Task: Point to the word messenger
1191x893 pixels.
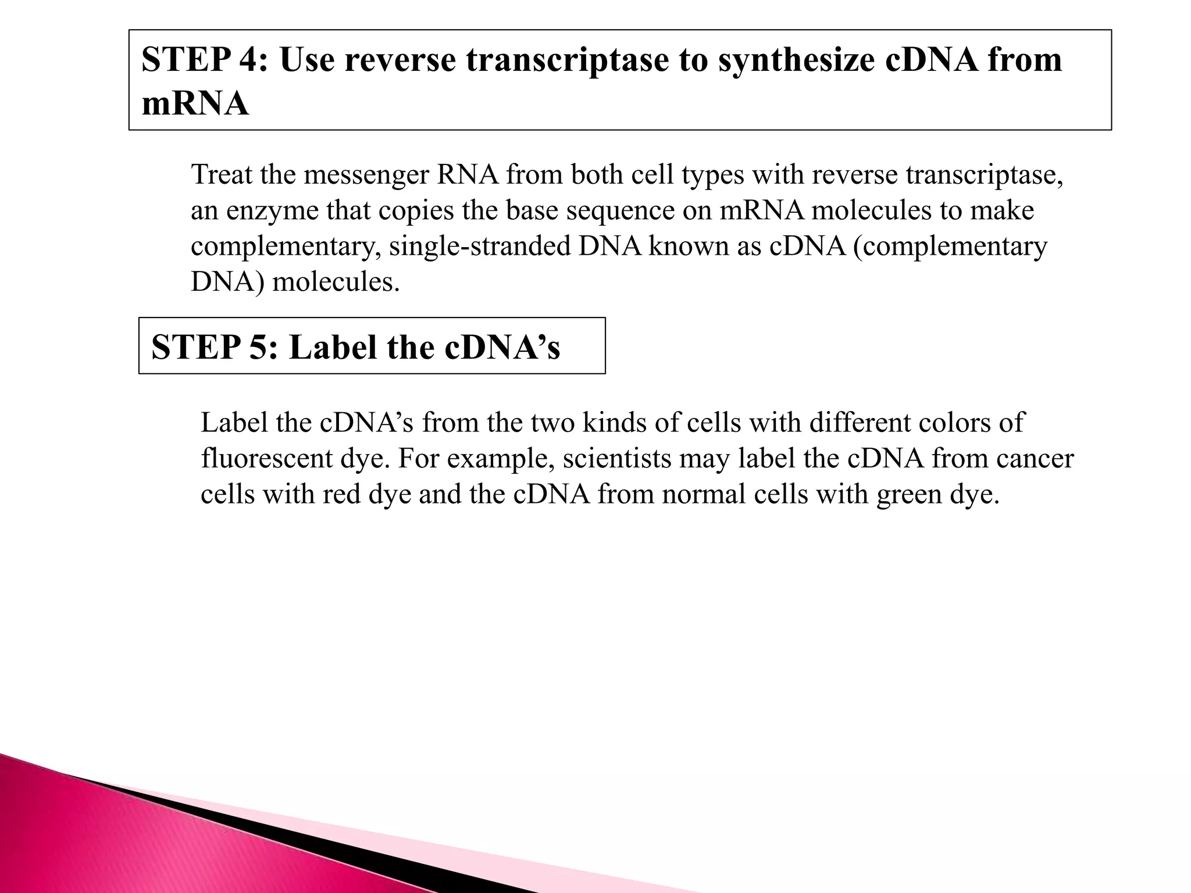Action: click(x=366, y=174)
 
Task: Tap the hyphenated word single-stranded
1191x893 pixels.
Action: click(x=480, y=247)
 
